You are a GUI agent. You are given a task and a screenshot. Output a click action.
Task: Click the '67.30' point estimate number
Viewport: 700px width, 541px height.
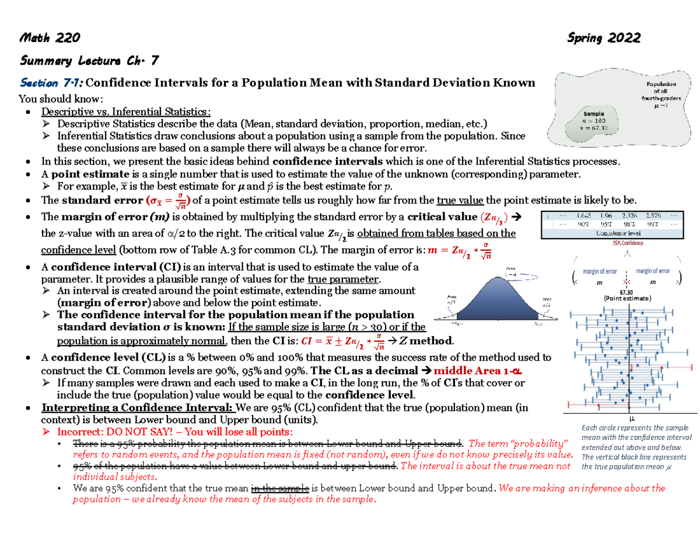[x=628, y=292]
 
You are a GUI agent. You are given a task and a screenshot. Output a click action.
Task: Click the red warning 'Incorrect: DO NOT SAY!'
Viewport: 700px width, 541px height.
[x=117, y=432]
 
